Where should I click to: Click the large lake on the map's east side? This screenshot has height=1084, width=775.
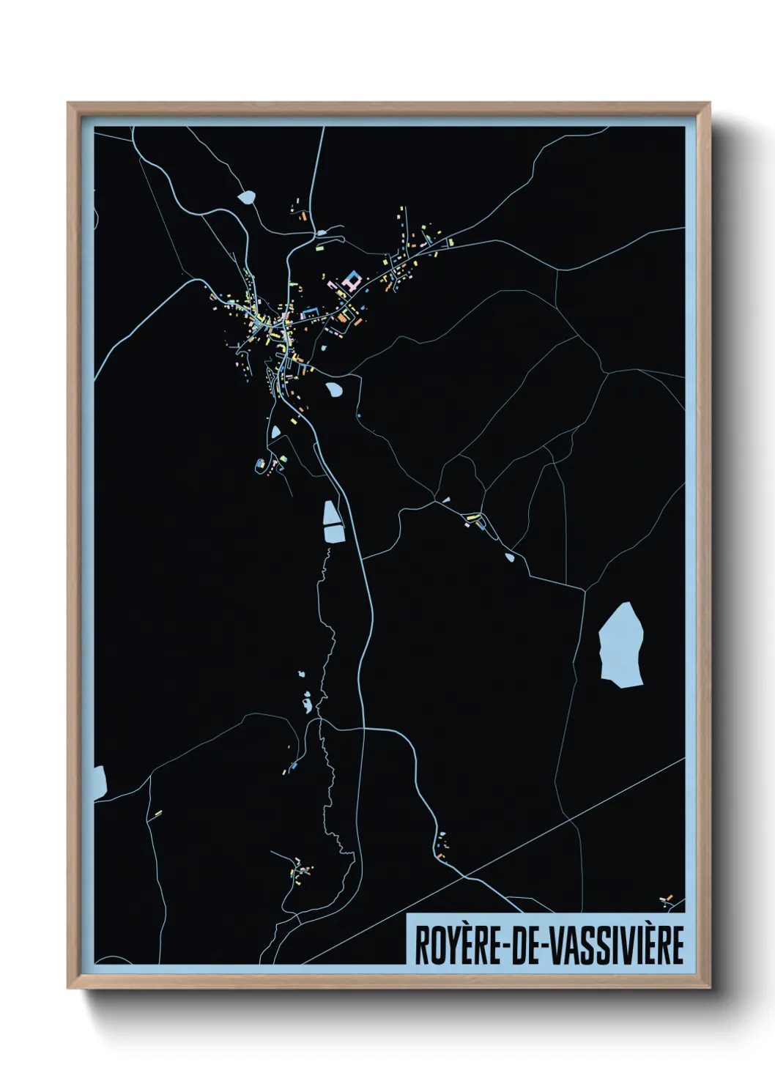621,645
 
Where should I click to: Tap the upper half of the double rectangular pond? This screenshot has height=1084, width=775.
332,513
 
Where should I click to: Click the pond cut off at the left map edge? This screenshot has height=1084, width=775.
100,782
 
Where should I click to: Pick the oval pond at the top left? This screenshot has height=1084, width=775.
247,197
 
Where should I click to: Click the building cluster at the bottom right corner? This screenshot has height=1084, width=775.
665,899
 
